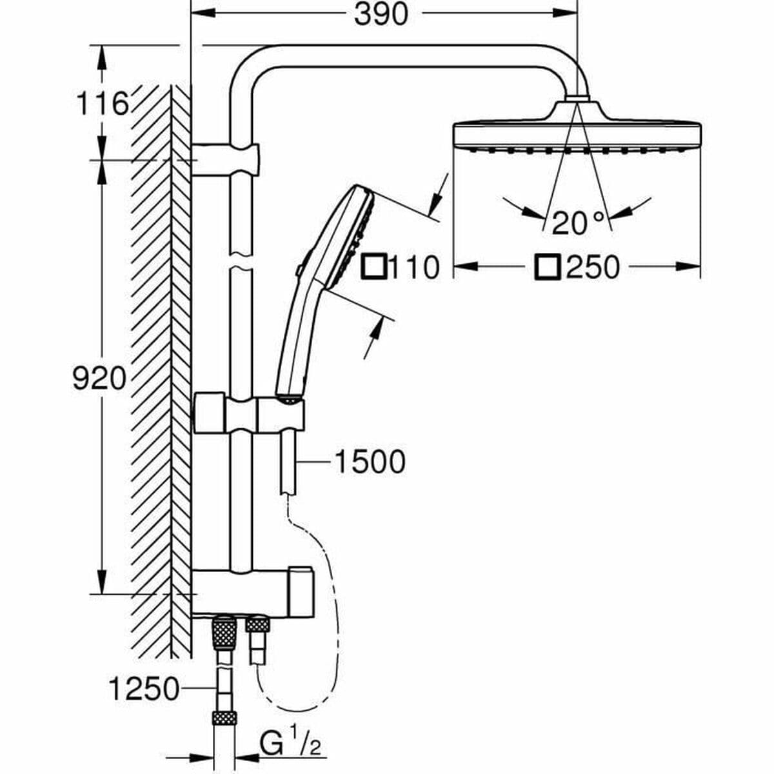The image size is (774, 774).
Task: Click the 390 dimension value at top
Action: tap(382, 14)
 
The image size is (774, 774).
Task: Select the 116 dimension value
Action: tap(102, 103)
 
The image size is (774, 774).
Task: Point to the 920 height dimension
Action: tap(99, 379)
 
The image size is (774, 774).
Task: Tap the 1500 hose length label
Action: tap(370, 462)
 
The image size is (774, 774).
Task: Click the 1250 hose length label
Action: tap(143, 690)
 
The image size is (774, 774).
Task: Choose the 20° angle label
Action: tap(579, 223)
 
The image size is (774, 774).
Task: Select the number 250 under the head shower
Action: tap(592, 267)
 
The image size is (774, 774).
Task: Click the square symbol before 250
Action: tap(548, 266)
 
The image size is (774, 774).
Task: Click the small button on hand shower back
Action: tap(299, 272)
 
